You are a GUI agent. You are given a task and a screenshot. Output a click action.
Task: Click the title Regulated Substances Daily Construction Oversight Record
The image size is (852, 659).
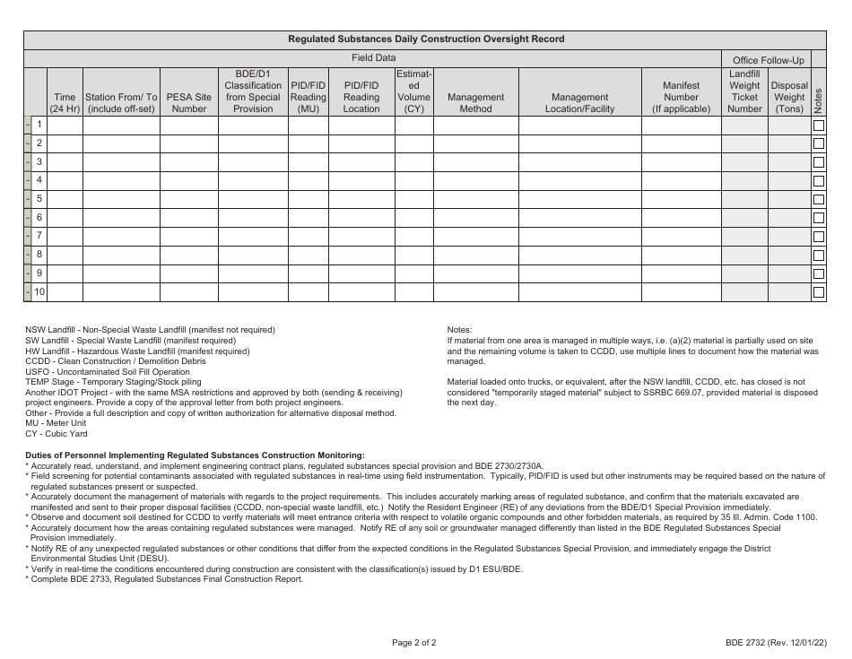pos(426,39)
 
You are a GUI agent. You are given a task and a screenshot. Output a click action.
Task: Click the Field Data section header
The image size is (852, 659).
pos(373,57)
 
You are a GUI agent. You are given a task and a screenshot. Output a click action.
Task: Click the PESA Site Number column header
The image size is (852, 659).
pos(188,103)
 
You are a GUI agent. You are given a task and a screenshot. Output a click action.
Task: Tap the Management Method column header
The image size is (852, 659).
pos(475,103)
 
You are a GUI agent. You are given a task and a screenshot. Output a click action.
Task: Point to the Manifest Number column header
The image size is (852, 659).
pos(681,98)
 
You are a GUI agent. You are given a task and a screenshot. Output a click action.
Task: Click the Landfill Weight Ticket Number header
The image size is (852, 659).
pos(744,91)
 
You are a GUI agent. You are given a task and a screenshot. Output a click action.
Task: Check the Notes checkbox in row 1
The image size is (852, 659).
pos(818,126)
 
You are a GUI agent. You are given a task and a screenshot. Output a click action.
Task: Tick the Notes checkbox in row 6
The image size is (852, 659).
pos(818,218)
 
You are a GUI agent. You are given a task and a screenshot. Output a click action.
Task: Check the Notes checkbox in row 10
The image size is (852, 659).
pos(818,292)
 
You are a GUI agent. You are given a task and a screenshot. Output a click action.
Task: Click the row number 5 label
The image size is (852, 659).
pos(39,199)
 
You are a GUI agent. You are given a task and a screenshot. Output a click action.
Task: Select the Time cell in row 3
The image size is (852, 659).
pos(65,162)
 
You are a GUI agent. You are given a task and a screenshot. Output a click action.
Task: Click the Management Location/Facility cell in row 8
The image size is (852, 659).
pos(579,255)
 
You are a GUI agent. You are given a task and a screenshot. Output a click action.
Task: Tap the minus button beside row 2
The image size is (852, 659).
pos(28,143)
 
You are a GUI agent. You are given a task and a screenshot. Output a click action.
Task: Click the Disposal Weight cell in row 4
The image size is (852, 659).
pos(788,181)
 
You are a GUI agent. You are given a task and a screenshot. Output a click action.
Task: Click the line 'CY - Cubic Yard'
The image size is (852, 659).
pos(56,434)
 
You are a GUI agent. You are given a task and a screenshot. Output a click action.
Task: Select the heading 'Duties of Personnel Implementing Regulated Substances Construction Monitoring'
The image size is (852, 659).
pos(195,455)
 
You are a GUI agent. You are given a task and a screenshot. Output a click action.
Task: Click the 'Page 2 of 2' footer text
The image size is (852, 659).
pos(413,643)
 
